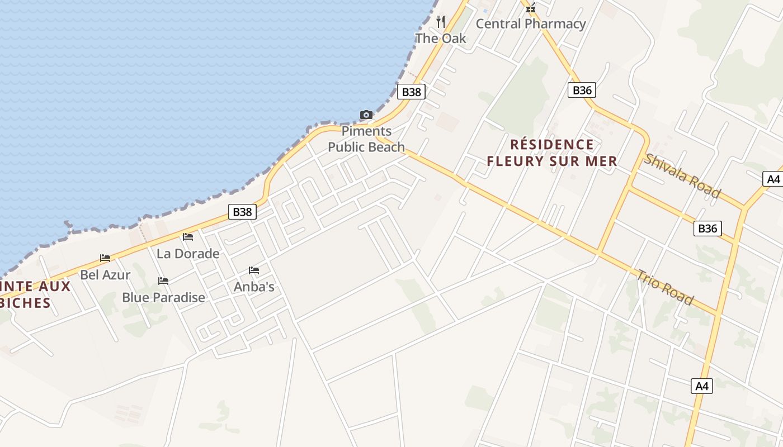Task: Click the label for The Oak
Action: (441, 39)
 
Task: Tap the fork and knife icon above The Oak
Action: (441, 22)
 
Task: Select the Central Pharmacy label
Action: (530, 24)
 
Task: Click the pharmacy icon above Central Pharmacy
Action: (531, 8)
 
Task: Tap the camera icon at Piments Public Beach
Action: (366, 115)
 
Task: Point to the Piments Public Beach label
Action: (366, 139)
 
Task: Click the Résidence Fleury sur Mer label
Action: (552, 153)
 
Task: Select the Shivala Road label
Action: (682, 175)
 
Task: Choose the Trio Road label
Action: (665, 287)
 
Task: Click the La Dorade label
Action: (188, 254)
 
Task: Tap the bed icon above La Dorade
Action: (188, 237)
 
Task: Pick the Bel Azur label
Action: (105, 275)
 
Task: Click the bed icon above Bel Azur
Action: (105, 258)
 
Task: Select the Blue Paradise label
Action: (163, 297)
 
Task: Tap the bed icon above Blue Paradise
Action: (163, 280)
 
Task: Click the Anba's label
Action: (254, 287)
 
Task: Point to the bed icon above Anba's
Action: (254, 270)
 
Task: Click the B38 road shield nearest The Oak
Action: (411, 92)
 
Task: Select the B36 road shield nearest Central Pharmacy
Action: (582, 90)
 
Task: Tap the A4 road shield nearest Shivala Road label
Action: (773, 179)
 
